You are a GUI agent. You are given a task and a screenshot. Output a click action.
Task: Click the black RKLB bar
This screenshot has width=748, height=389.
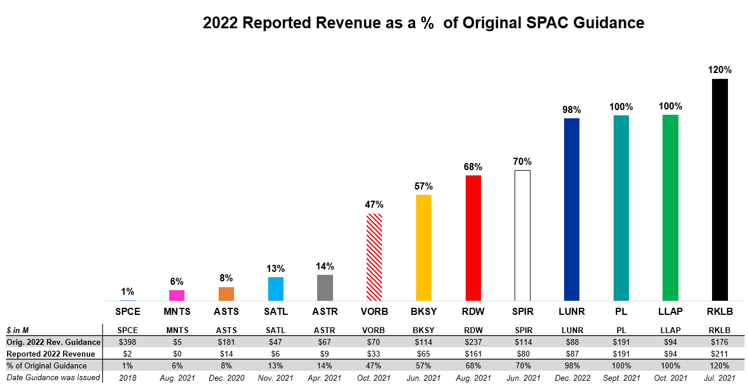720,190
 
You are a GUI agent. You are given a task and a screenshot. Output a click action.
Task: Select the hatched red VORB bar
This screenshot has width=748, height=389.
374,257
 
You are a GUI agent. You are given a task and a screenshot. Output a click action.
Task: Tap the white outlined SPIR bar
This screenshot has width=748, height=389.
522,235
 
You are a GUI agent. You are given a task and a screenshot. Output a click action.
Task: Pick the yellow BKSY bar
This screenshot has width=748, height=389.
424,248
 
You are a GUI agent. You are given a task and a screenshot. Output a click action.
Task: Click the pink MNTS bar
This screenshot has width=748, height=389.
177,295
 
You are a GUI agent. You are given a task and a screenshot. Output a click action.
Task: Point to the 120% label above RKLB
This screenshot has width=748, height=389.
720,70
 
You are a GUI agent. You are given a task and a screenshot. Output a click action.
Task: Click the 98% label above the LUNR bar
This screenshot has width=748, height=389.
572,109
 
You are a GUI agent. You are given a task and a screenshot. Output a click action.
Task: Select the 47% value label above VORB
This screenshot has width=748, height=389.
374,205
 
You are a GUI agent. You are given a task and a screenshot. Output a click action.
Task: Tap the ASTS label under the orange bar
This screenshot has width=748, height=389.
226,311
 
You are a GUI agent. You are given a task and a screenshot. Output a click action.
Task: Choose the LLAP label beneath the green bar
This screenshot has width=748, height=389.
671,311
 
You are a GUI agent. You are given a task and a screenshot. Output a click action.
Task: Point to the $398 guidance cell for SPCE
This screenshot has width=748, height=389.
128,342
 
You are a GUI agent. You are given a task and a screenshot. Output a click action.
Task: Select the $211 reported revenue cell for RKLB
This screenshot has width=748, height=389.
720,354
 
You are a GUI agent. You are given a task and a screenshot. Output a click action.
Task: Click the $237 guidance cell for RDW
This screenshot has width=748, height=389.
473,342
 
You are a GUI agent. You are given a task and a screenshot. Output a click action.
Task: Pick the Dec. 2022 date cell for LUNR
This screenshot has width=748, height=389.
572,378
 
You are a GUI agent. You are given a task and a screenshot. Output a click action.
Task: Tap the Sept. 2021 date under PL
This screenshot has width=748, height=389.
621,378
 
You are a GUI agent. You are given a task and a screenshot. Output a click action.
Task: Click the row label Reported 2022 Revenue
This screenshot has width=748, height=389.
51,354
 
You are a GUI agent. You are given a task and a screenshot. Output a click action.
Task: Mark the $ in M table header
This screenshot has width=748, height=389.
19,330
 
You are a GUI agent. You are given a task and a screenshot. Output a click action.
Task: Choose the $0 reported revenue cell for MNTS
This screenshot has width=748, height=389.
177,354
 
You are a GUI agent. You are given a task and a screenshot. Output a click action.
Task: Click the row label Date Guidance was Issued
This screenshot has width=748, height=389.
53,377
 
